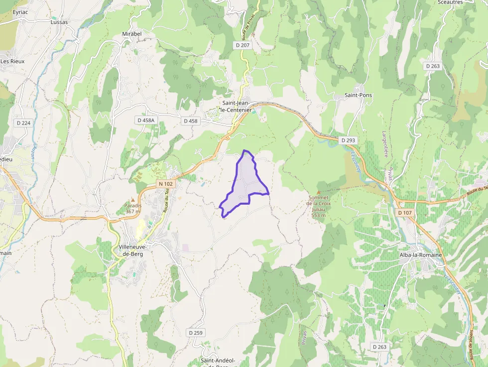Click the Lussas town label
tap(59, 22)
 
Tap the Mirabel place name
tap(131, 34)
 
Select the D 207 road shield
tap(243, 45)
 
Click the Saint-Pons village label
tap(359, 95)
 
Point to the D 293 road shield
tap(349, 140)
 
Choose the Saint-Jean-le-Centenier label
tap(237, 106)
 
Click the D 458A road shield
tap(146, 121)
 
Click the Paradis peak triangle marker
tap(133, 200)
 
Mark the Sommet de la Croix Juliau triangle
tap(319, 191)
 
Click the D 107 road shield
tap(405, 213)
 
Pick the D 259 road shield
tap(196, 333)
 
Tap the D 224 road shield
tap(23, 123)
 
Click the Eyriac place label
tap(20, 11)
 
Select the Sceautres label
tap(450, 2)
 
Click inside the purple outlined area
tap(244, 182)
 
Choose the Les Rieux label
tap(12, 61)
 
